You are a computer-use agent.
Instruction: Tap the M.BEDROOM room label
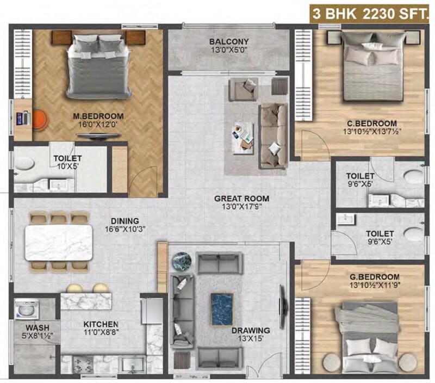(x=98, y=116)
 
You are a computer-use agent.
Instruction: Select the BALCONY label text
(x=228, y=41)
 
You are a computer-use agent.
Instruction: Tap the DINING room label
(x=121, y=221)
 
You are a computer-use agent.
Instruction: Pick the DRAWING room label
(x=250, y=330)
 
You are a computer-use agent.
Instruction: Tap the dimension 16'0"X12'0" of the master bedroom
(x=98, y=125)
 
